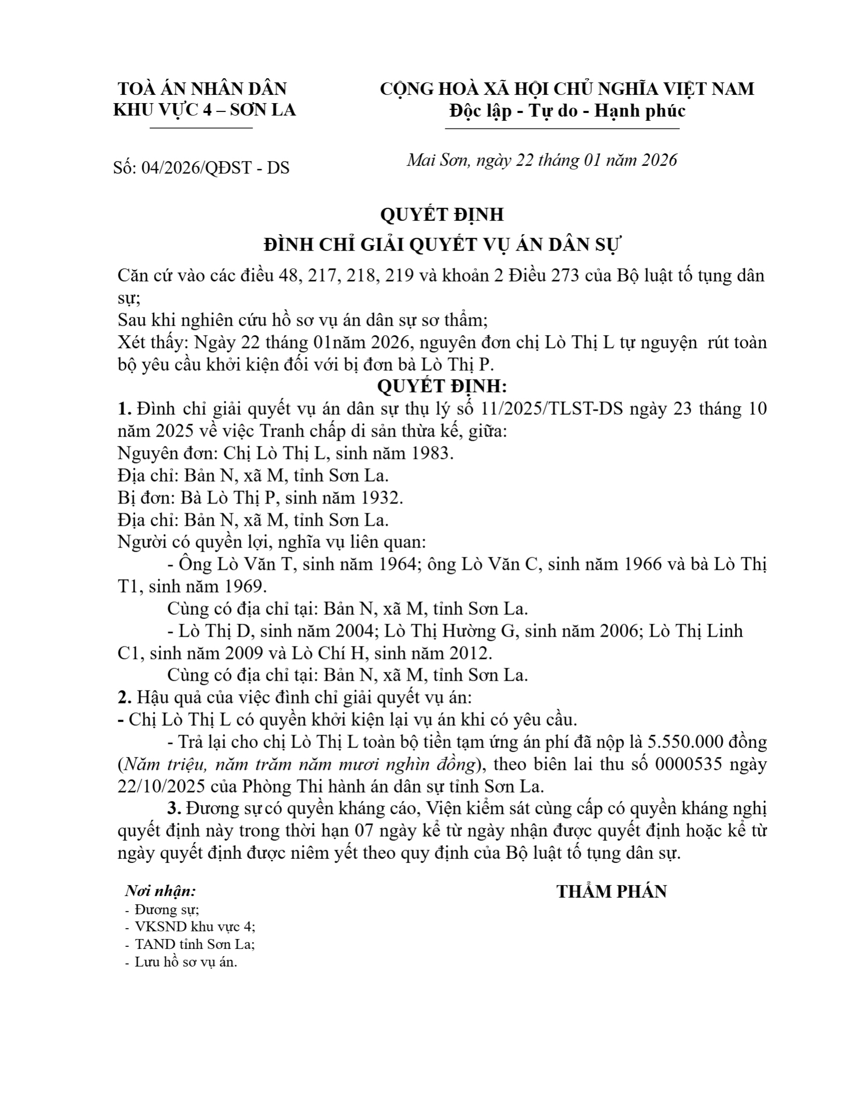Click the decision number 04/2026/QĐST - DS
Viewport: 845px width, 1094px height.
[215, 168]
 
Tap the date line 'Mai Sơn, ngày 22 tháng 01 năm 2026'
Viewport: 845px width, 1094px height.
[542, 160]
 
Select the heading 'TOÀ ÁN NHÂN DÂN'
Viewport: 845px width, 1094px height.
[202, 89]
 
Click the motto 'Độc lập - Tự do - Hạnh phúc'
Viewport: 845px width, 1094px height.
[567, 111]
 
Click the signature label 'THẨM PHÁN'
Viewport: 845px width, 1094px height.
[611, 891]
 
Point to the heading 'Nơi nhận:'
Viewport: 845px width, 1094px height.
[161, 891]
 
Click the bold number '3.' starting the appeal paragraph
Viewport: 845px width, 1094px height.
[175, 809]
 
